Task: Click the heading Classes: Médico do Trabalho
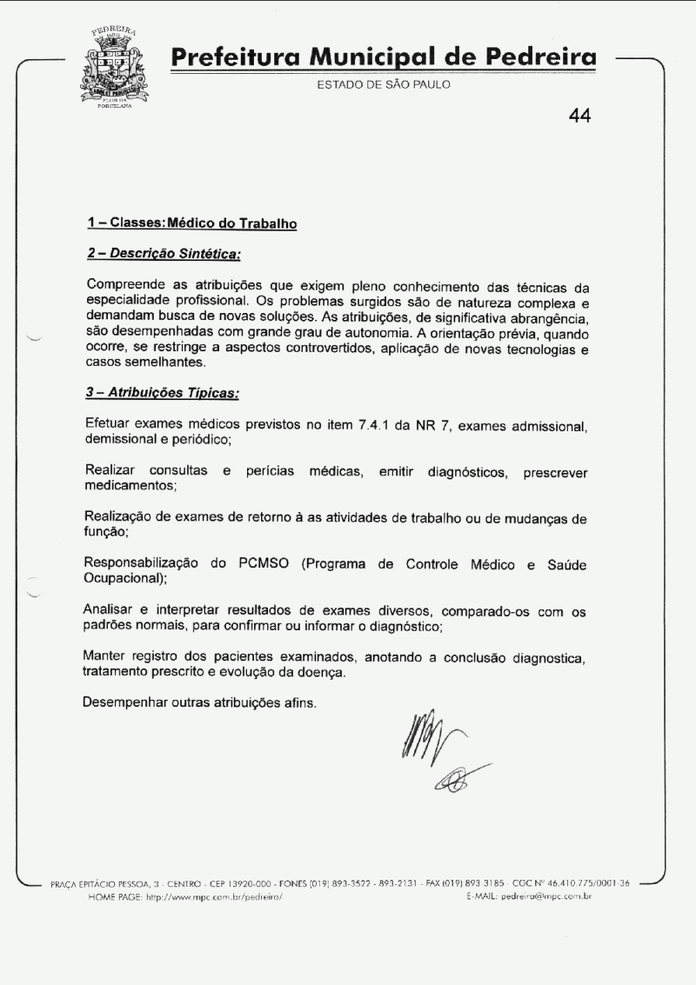coord(192,224)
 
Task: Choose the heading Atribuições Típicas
coord(162,393)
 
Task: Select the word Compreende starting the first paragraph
coord(128,285)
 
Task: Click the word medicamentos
coord(130,486)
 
